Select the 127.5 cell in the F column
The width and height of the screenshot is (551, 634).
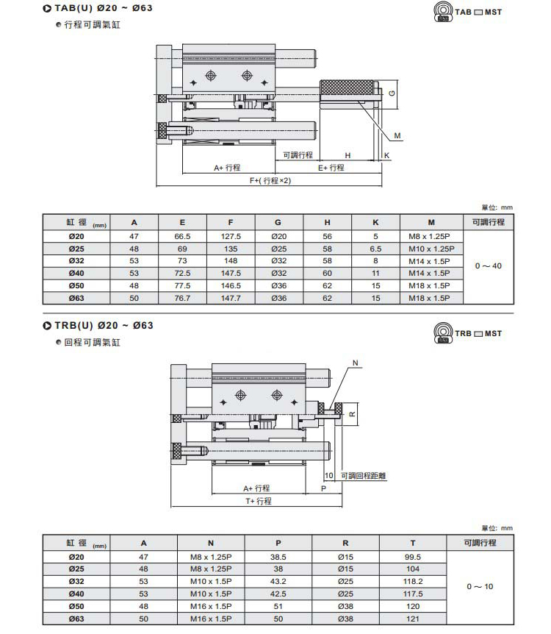231,236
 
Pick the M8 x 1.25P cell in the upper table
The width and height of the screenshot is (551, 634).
431,236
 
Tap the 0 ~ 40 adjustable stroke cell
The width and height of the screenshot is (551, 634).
488,266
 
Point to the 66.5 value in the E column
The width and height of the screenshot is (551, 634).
182,236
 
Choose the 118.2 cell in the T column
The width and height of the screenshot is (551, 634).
414,580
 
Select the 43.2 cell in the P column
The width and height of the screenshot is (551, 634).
278,580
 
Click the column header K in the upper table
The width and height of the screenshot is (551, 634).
375,222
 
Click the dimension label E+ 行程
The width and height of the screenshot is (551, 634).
331,168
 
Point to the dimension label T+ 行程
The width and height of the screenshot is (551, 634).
258,501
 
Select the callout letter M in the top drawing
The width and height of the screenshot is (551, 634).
397,136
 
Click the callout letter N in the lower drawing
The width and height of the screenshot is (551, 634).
356,363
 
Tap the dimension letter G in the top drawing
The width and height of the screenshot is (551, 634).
392,93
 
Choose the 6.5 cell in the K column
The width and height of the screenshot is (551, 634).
375,248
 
